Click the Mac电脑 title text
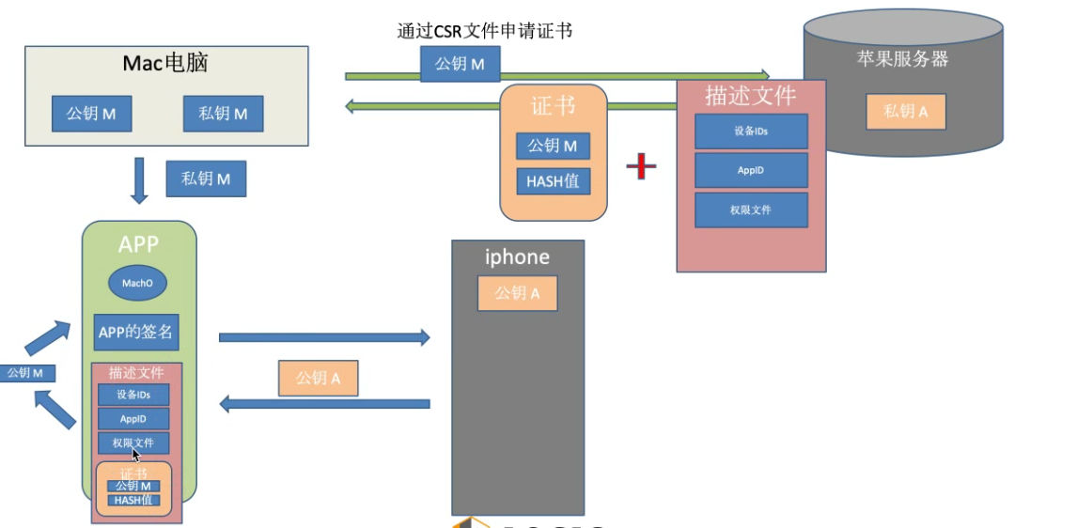[x=165, y=63]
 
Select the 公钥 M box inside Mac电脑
[x=91, y=114]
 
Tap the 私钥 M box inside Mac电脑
[x=223, y=114]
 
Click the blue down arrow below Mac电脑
[x=139, y=180]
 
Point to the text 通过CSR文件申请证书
[x=484, y=31]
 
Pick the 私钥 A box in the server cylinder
[x=905, y=112]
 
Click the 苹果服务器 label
[x=901, y=59]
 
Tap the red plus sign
[x=641, y=166]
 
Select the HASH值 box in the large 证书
[x=553, y=181]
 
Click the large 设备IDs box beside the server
[x=751, y=132]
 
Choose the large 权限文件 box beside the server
[x=751, y=210]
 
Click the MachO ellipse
[x=138, y=283]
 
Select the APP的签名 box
[x=136, y=332]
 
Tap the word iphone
[x=517, y=256]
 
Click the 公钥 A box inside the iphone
[x=517, y=293]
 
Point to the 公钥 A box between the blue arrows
[x=318, y=378]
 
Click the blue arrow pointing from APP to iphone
[x=323, y=337]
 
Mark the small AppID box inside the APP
[x=133, y=418]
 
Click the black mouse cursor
[x=136, y=455]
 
